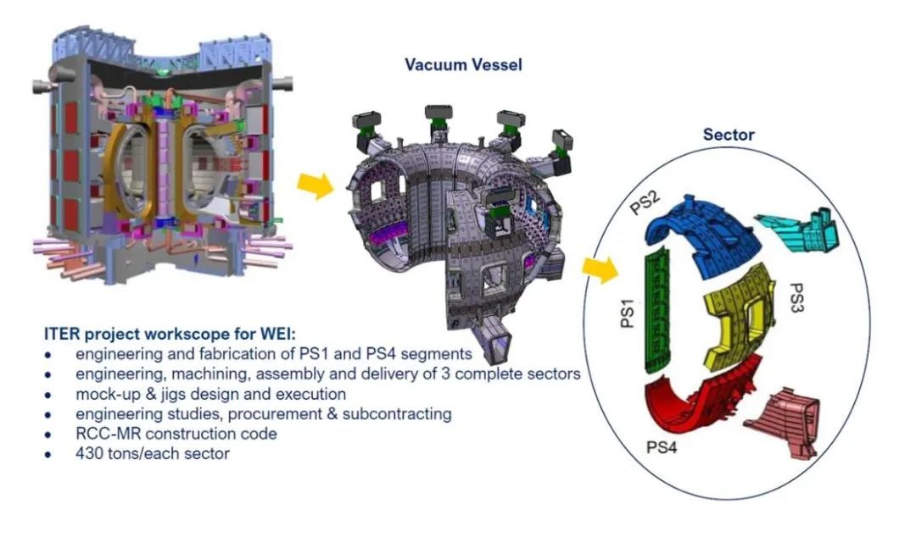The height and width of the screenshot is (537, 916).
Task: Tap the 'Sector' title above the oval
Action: (x=729, y=135)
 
